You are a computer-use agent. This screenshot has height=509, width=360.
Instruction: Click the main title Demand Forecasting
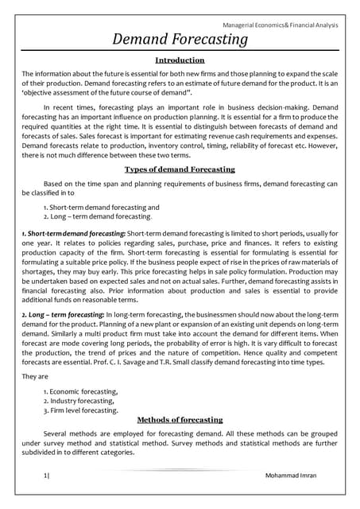pos(180,40)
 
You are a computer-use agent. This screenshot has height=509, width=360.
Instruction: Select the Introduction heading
pos(180,60)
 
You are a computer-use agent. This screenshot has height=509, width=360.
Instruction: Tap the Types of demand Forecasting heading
pos(180,169)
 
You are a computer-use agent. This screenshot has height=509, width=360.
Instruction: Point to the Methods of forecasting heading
pos(180,419)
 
